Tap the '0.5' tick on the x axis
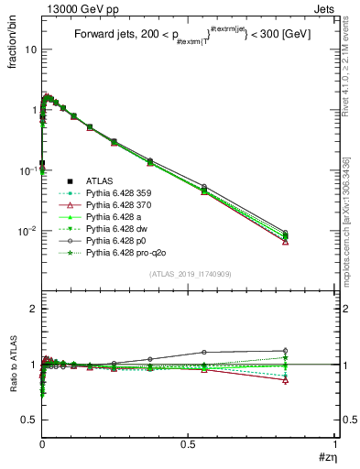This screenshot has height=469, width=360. click(x=188, y=448)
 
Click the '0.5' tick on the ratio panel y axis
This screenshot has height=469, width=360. click(x=27, y=420)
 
